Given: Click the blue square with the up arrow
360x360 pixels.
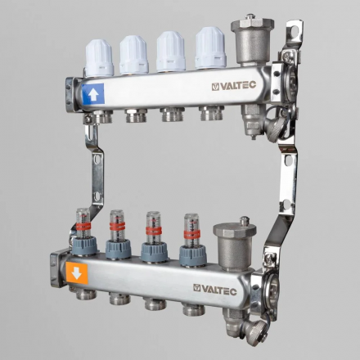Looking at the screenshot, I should click(x=92, y=93).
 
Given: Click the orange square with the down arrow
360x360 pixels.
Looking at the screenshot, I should click(x=76, y=273).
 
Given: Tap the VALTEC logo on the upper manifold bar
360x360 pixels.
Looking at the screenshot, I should click(x=234, y=85).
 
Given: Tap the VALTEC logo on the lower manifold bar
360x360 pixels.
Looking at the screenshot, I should click(x=216, y=288).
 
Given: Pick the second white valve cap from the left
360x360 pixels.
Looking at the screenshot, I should click(x=133, y=54).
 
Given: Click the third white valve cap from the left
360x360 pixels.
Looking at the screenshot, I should click(x=170, y=51).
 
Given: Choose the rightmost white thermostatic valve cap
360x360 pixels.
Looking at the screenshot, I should click(x=210, y=47).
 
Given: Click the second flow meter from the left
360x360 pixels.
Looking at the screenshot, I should click(x=118, y=223).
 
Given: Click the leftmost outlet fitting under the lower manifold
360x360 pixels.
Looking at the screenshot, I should click(x=81, y=293).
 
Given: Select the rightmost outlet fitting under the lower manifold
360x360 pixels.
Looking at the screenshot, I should click(x=193, y=311).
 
